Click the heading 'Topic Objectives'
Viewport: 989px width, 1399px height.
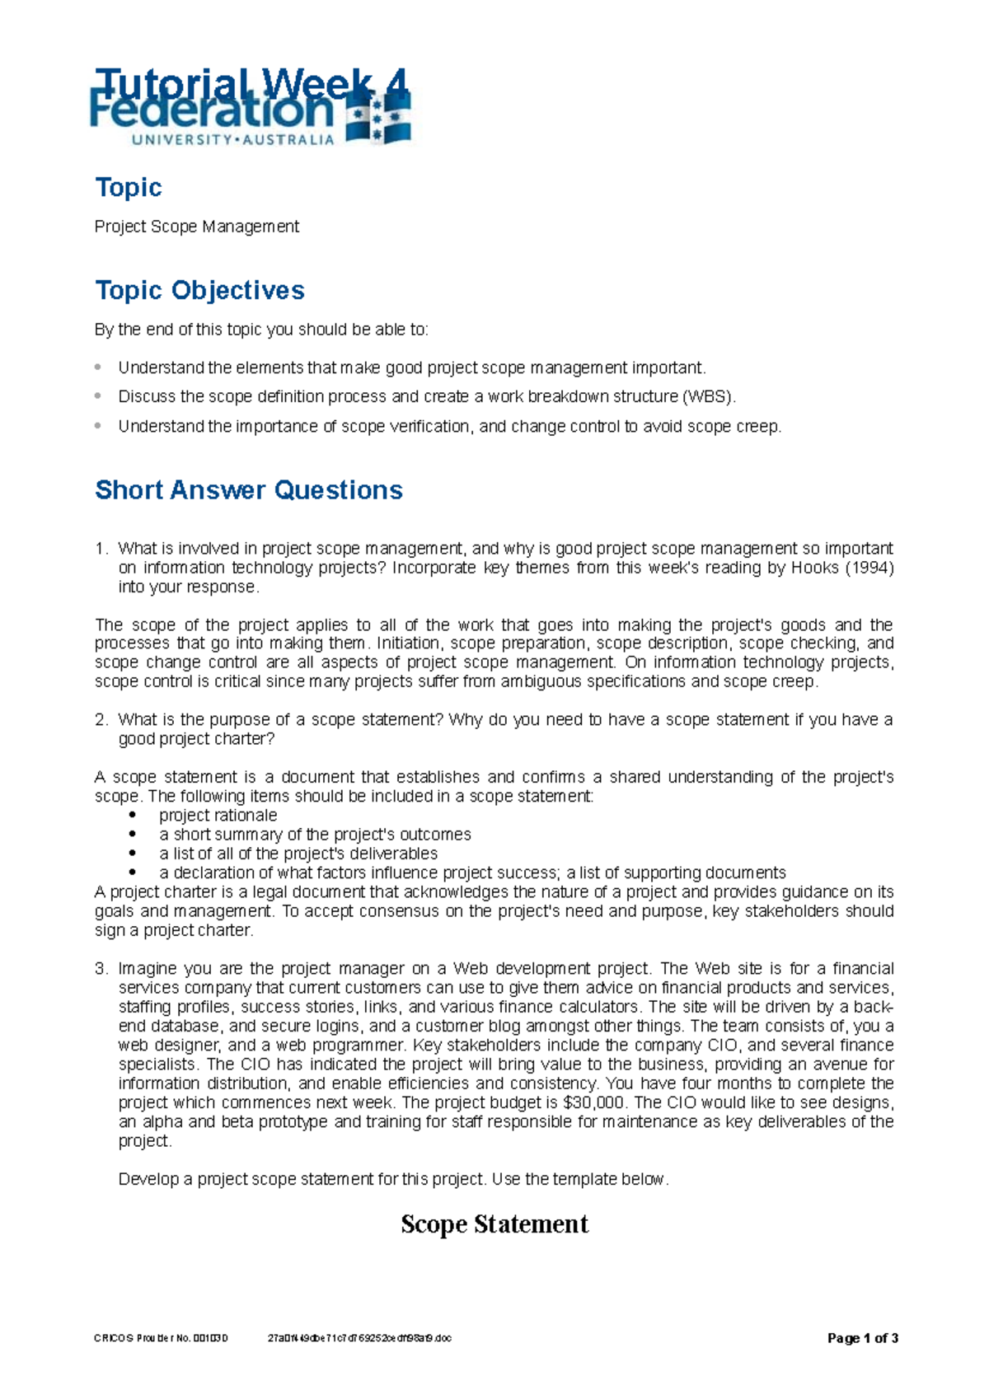199,290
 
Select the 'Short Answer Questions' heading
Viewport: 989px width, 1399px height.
248,489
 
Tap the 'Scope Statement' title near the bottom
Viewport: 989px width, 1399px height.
494,1224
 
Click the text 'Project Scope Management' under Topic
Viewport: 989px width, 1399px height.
196,227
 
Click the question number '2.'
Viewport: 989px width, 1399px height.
101,719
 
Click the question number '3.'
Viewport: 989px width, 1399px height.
101,968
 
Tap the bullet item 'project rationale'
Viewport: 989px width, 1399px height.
218,815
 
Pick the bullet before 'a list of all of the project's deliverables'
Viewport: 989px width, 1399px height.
132,854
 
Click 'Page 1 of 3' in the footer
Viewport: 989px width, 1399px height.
862,1338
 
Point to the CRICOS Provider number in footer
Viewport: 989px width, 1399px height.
161,1338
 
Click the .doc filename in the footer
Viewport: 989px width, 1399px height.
360,1338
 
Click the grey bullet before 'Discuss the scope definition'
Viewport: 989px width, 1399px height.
99,396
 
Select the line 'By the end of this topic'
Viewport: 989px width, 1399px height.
261,330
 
